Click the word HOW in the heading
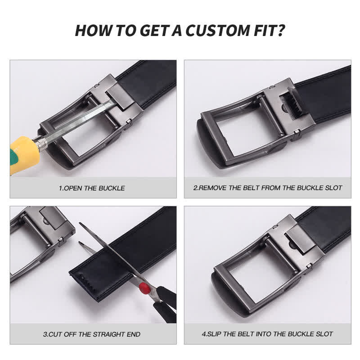(90, 31)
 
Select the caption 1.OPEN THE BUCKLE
(92, 188)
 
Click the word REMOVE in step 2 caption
(212, 188)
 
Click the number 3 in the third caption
(45, 334)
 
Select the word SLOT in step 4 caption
(324, 334)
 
